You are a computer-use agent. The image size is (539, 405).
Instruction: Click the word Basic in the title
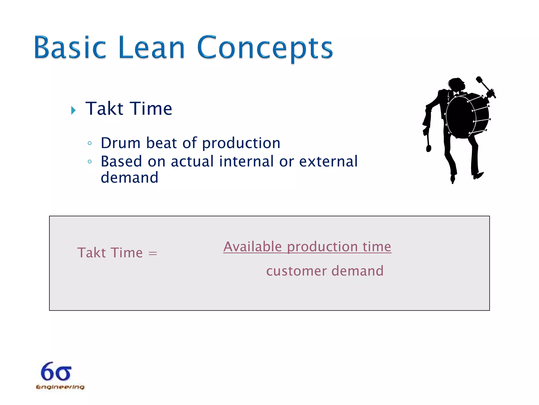point(70,47)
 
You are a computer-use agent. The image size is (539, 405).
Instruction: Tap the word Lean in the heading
point(152,47)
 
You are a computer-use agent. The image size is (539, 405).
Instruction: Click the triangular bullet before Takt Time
point(73,110)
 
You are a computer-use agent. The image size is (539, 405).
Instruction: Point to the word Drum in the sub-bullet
point(121,143)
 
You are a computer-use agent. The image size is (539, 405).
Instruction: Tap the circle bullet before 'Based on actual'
point(90,161)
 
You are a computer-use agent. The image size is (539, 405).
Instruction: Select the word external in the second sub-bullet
point(328,161)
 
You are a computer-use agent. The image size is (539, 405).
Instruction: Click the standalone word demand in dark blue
point(129,178)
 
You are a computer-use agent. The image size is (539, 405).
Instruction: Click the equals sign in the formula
point(153,254)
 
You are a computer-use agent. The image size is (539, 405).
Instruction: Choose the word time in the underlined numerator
point(377,247)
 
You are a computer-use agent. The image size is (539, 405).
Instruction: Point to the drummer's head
point(456,84)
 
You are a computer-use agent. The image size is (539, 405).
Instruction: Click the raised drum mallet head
point(479,80)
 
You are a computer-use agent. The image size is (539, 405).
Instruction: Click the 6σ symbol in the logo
point(56,372)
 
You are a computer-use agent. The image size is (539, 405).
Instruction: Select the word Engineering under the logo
point(60,387)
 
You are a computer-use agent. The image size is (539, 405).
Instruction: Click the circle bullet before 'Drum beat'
point(90,143)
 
